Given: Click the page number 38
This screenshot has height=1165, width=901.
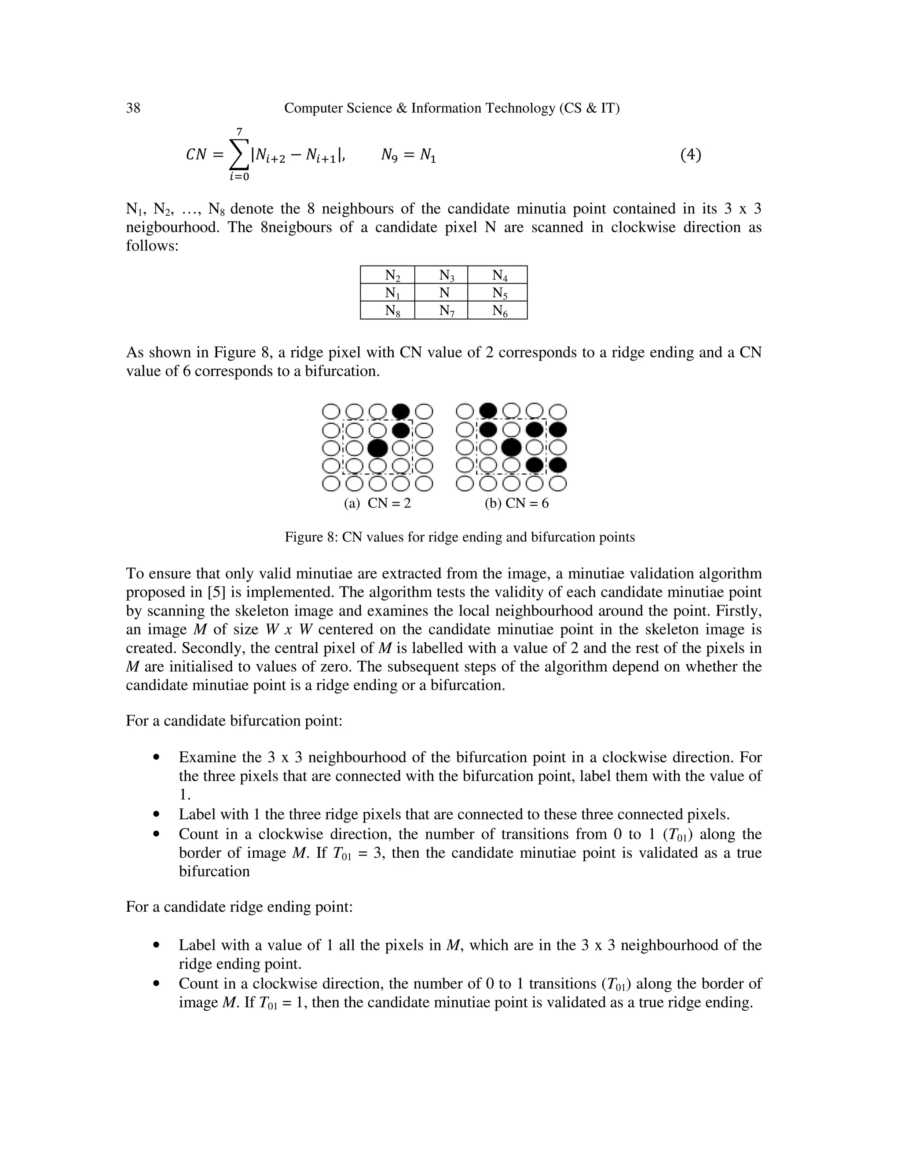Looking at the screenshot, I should tap(133, 108).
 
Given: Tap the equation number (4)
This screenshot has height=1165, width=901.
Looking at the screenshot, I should tap(690, 155).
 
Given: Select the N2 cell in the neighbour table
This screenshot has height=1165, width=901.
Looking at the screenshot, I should tap(388, 275).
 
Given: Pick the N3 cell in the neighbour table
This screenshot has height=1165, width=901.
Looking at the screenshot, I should tap(441, 275).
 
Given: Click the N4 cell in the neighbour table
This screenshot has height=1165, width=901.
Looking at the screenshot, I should tap(498, 275).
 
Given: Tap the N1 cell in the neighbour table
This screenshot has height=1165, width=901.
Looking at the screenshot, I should tap(388, 293).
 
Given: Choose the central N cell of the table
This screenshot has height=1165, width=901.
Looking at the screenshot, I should tap(441, 293).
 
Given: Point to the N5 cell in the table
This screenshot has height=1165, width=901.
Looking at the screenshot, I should tap(498, 293).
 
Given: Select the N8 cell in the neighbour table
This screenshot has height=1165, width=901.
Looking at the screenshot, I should tap(388, 310).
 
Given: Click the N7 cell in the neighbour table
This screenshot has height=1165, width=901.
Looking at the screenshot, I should tap(441, 310).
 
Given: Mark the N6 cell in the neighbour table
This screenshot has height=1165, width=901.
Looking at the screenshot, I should tap(498, 310).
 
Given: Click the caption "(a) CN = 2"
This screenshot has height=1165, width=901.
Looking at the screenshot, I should tap(377, 503).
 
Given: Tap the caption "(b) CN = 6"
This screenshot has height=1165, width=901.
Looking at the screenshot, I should tap(516, 503).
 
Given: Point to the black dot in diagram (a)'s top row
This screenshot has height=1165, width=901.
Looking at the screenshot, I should tap(401, 412).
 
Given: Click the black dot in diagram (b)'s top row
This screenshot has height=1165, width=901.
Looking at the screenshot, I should tap(488, 412).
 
